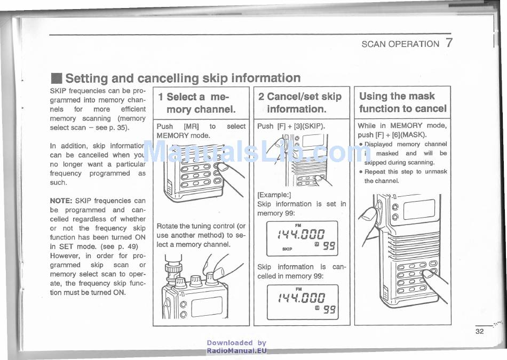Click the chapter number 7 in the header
449,43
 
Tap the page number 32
479,331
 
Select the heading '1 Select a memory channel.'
197,103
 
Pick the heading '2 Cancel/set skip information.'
299,103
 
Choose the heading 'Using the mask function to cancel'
402,102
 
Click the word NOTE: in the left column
61,201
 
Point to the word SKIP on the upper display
287,249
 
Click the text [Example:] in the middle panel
274,195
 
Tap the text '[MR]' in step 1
191,126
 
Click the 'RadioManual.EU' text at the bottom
236,351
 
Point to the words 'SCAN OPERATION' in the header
400,44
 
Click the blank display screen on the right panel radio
418,210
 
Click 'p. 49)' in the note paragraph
110,246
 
